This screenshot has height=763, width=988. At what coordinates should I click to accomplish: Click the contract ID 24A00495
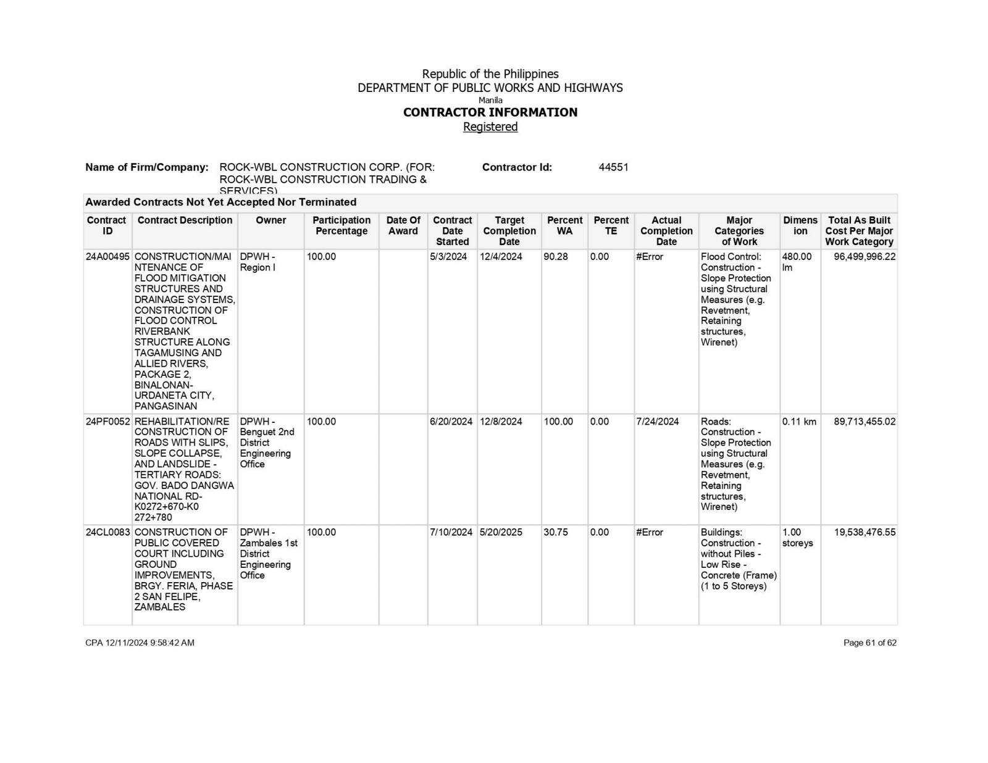click(x=107, y=257)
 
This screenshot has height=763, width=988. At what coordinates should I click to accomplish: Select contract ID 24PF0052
click(x=107, y=422)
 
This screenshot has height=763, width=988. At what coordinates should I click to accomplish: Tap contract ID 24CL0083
click(x=107, y=532)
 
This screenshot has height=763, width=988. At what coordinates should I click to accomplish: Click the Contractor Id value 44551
click(x=613, y=167)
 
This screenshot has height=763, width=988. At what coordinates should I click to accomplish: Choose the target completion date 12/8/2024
click(x=501, y=422)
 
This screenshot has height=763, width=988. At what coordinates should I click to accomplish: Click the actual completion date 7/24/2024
click(x=657, y=422)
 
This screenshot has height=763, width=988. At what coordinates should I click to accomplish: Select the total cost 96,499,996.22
click(x=864, y=257)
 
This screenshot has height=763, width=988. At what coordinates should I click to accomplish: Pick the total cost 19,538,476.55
click(x=864, y=532)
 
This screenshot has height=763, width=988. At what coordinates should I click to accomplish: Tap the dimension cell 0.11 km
click(x=799, y=422)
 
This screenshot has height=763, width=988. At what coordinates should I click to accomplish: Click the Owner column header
click(x=270, y=220)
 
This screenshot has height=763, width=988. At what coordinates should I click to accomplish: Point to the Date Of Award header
click(x=403, y=226)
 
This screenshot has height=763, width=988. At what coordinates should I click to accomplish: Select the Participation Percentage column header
click(x=341, y=226)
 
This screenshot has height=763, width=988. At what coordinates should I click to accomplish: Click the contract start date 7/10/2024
click(x=451, y=532)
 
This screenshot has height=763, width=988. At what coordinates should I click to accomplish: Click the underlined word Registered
click(x=490, y=127)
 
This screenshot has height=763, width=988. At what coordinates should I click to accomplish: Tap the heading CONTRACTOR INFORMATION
click(x=490, y=112)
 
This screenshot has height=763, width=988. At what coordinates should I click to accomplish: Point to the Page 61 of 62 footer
click(x=869, y=643)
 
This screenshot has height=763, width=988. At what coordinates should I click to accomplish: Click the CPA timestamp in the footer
click(x=140, y=643)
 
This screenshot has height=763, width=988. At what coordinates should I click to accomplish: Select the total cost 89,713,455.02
click(x=864, y=422)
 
